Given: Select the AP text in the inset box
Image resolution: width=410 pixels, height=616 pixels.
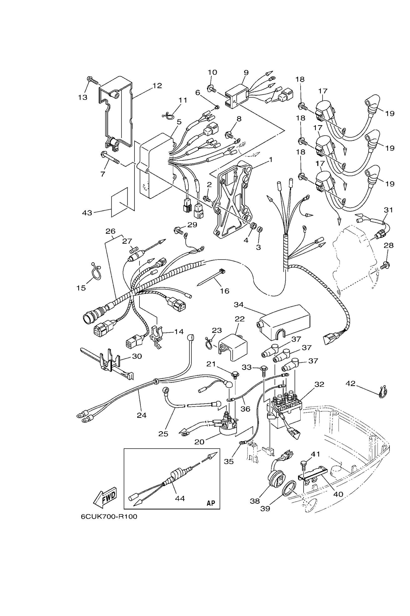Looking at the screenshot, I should point(211,503).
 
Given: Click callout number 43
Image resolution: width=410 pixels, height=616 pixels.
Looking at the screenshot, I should point(87,213).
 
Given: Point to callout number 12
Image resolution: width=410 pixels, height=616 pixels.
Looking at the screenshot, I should point(157,86).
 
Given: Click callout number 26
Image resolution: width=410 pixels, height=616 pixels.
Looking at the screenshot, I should point(110,231).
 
